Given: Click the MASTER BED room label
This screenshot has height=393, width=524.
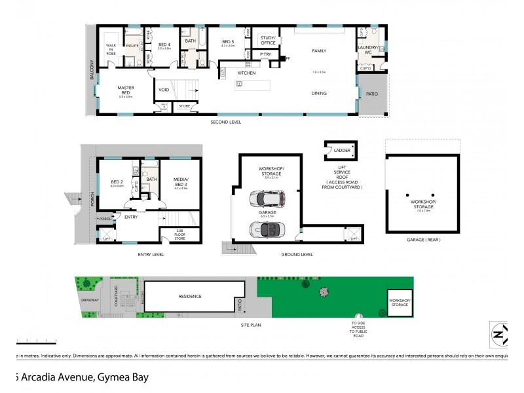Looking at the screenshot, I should (x=126, y=88).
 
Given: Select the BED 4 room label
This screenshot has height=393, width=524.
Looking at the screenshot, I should (x=164, y=45).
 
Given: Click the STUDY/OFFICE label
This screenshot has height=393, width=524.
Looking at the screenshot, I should (x=267, y=39).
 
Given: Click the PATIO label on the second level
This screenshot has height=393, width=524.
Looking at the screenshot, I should (x=372, y=94).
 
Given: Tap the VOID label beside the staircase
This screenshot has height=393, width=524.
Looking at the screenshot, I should (x=164, y=90).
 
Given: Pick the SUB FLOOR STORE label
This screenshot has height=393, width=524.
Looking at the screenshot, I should (x=179, y=234).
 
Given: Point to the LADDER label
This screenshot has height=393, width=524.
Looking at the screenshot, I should (x=342, y=151).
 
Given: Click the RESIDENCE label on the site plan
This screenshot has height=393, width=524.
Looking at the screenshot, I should (x=190, y=296).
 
